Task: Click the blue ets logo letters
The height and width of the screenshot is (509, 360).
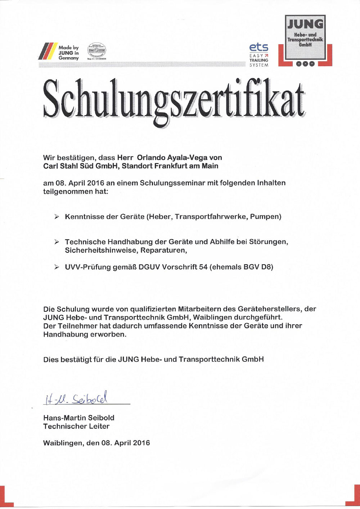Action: (x=258, y=47)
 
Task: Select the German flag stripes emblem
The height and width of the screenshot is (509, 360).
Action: (x=48, y=51)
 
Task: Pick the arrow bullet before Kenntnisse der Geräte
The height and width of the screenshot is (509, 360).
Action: (x=57, y=217)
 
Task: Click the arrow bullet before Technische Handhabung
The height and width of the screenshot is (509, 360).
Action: (x=57, y=242)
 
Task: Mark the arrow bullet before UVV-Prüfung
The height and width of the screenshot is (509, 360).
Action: (x=57, y=267)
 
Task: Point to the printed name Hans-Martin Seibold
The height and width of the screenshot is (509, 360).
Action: (x=78, y=418)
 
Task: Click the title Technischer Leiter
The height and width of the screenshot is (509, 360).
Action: (x=76, y=426)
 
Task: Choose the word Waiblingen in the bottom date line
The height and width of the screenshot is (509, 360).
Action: (x=63, y=443)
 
